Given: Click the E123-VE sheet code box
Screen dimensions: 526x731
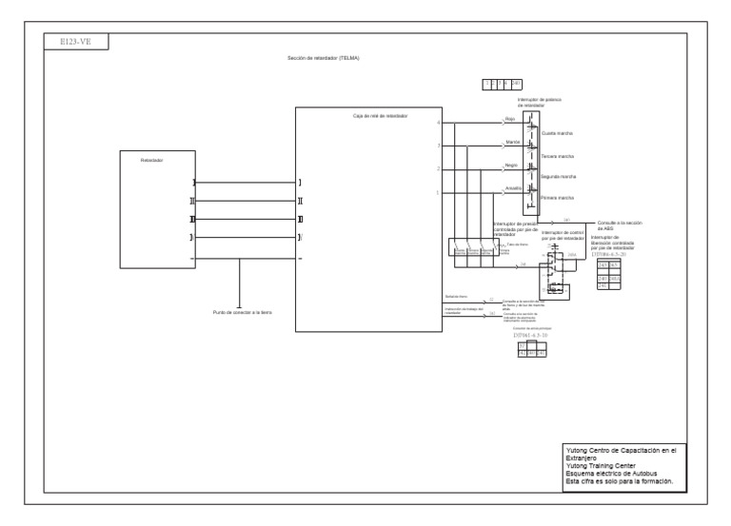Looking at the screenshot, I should coord(77,42).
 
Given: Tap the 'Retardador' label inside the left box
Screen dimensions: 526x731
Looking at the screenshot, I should coord(152,161).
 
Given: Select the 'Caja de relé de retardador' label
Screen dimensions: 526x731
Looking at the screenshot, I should coord(380,115).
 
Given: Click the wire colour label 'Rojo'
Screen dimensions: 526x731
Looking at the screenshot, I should coord(510,119).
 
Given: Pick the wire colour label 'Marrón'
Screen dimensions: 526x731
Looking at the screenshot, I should coord(512,142).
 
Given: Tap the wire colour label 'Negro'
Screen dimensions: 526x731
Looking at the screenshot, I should coord(511,165).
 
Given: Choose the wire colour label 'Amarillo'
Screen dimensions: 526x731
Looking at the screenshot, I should coord(513,188).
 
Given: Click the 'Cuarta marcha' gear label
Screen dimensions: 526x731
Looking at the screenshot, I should coord(557,134).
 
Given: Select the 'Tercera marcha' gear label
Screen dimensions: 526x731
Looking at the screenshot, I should coord(558,156).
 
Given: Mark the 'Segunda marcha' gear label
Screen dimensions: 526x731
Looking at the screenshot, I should coord(559,177).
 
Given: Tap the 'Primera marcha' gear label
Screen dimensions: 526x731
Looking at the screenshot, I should coord(558,198).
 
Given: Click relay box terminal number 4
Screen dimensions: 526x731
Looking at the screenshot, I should coord(438,123).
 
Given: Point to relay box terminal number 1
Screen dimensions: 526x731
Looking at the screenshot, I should coord(438,192).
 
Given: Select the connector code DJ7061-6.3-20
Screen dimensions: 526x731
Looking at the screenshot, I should coord(609,254).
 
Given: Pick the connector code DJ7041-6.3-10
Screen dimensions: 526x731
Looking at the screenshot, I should coord(531,335).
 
